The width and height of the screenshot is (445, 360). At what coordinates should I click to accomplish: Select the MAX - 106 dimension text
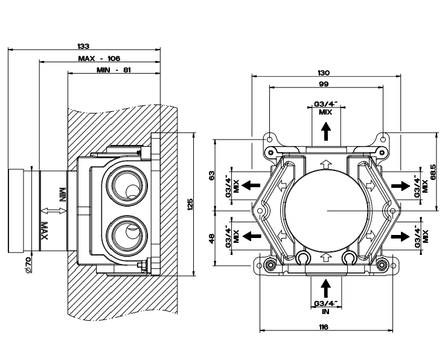pyautogui.click(x=100, y=58)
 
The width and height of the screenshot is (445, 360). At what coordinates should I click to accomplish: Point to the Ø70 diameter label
pyautogui.click(x=28, y=264)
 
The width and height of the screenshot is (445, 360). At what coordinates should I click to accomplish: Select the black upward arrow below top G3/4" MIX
pyautogui.click(x=326, y=130)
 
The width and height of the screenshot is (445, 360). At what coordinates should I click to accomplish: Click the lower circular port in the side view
pyautogui.click(x=126, y=233)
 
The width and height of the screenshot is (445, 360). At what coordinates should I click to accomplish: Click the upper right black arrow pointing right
pyautogui.click(x=399, y=182)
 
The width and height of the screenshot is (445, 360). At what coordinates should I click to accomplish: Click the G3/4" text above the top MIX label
pyautogui.click(x=326, y=103)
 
